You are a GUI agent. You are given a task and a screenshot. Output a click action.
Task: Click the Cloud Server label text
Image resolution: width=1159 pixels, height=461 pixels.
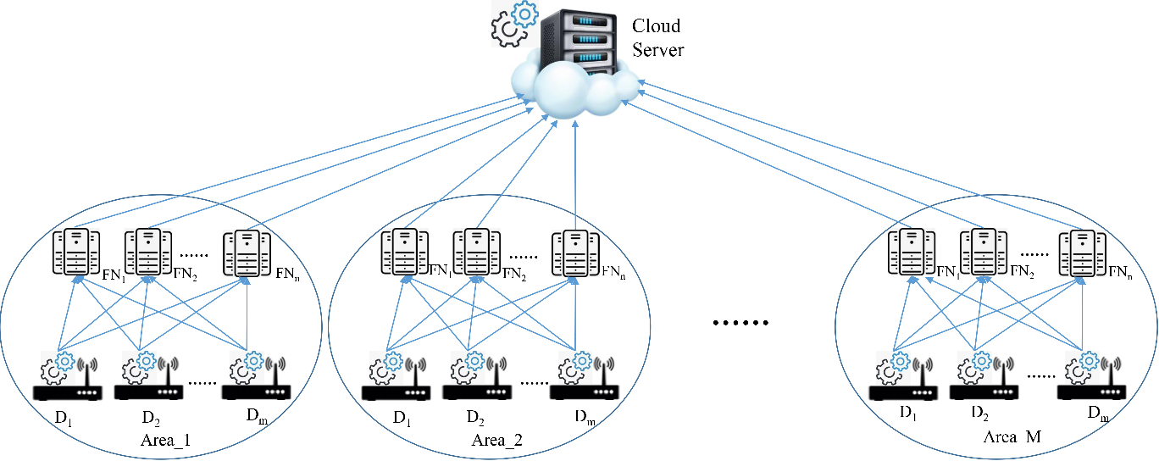click(x=658, y=38)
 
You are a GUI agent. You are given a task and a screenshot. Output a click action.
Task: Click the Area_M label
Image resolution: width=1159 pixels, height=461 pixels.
click(x=1012, y=436)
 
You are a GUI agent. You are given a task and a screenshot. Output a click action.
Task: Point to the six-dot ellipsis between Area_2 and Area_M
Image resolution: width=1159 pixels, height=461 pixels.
click(x=740, y=323)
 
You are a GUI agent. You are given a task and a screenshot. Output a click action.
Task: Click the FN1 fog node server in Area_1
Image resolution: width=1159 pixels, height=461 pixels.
click(x=76, y=252)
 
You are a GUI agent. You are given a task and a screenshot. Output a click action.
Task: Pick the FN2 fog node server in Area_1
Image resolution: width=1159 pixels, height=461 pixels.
click(x=148, y=252)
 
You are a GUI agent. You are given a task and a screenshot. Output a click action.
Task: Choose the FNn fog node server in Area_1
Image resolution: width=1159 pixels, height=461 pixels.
click(x=247, y=252)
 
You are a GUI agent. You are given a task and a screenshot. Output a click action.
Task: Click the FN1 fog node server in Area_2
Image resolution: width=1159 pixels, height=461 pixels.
click(x=404, y=252)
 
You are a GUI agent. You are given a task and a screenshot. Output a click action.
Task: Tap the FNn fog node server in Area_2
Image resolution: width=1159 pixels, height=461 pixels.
click(x=575, y=252)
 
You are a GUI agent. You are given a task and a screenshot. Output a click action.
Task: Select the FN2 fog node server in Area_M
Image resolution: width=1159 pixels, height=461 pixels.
click(x=984, y=252)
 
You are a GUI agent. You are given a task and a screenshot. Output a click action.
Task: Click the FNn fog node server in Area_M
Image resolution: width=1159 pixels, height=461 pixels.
click(x=1082, y=252)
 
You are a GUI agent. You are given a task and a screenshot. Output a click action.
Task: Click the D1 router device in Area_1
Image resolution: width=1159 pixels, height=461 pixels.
click(x=67, y=381)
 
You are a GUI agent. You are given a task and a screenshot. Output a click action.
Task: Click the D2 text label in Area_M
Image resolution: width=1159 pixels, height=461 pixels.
click(x=981, y=414)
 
